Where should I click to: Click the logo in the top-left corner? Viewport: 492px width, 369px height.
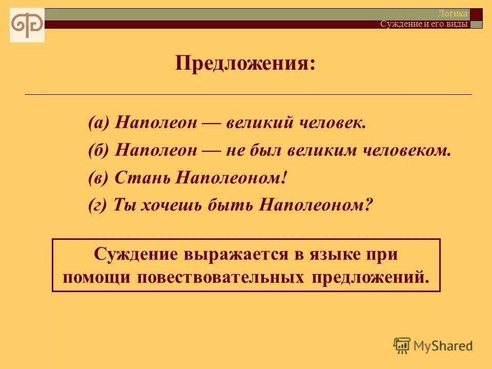[27, 25]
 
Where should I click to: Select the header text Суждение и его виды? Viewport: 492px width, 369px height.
[424, 24]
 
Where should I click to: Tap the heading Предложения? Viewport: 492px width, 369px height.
[245, 64]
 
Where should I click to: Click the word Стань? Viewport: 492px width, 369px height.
[143, 178]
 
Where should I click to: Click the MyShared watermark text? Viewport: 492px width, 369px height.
[443, 346]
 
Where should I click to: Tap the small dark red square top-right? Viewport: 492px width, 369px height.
[476, 14]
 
